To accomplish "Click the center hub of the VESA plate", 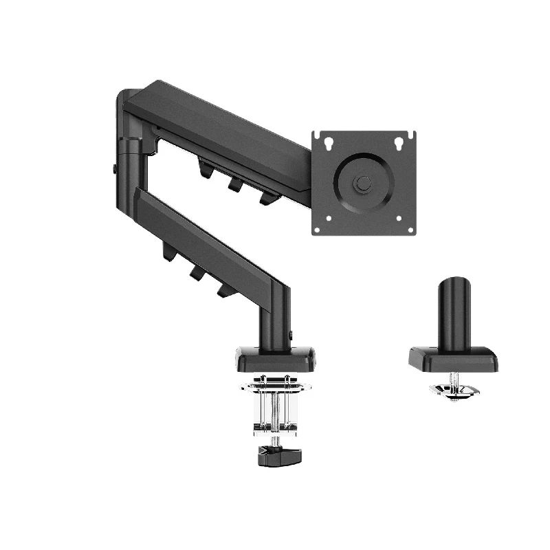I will [364, 184].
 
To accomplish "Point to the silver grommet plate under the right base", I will [454, 390].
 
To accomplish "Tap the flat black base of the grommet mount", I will [454, 360].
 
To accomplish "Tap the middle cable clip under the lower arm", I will [197, 273].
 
